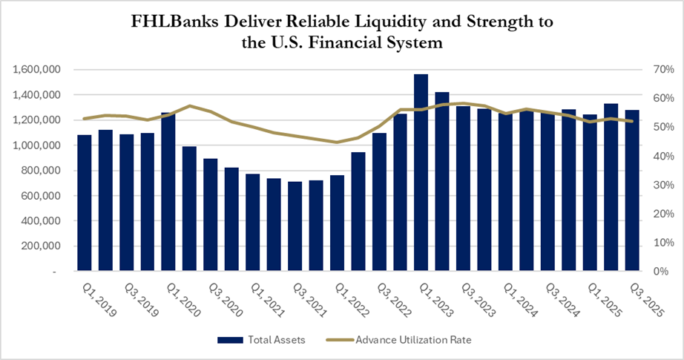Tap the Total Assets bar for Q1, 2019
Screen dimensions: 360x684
click(x=84, y=203)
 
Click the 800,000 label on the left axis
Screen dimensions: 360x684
click(x=44, y=171)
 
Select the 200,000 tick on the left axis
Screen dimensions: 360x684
click(x=44, y=246)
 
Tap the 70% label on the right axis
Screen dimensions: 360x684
click(x=658, y=70)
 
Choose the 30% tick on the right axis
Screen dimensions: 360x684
click(x=658, y=185)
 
